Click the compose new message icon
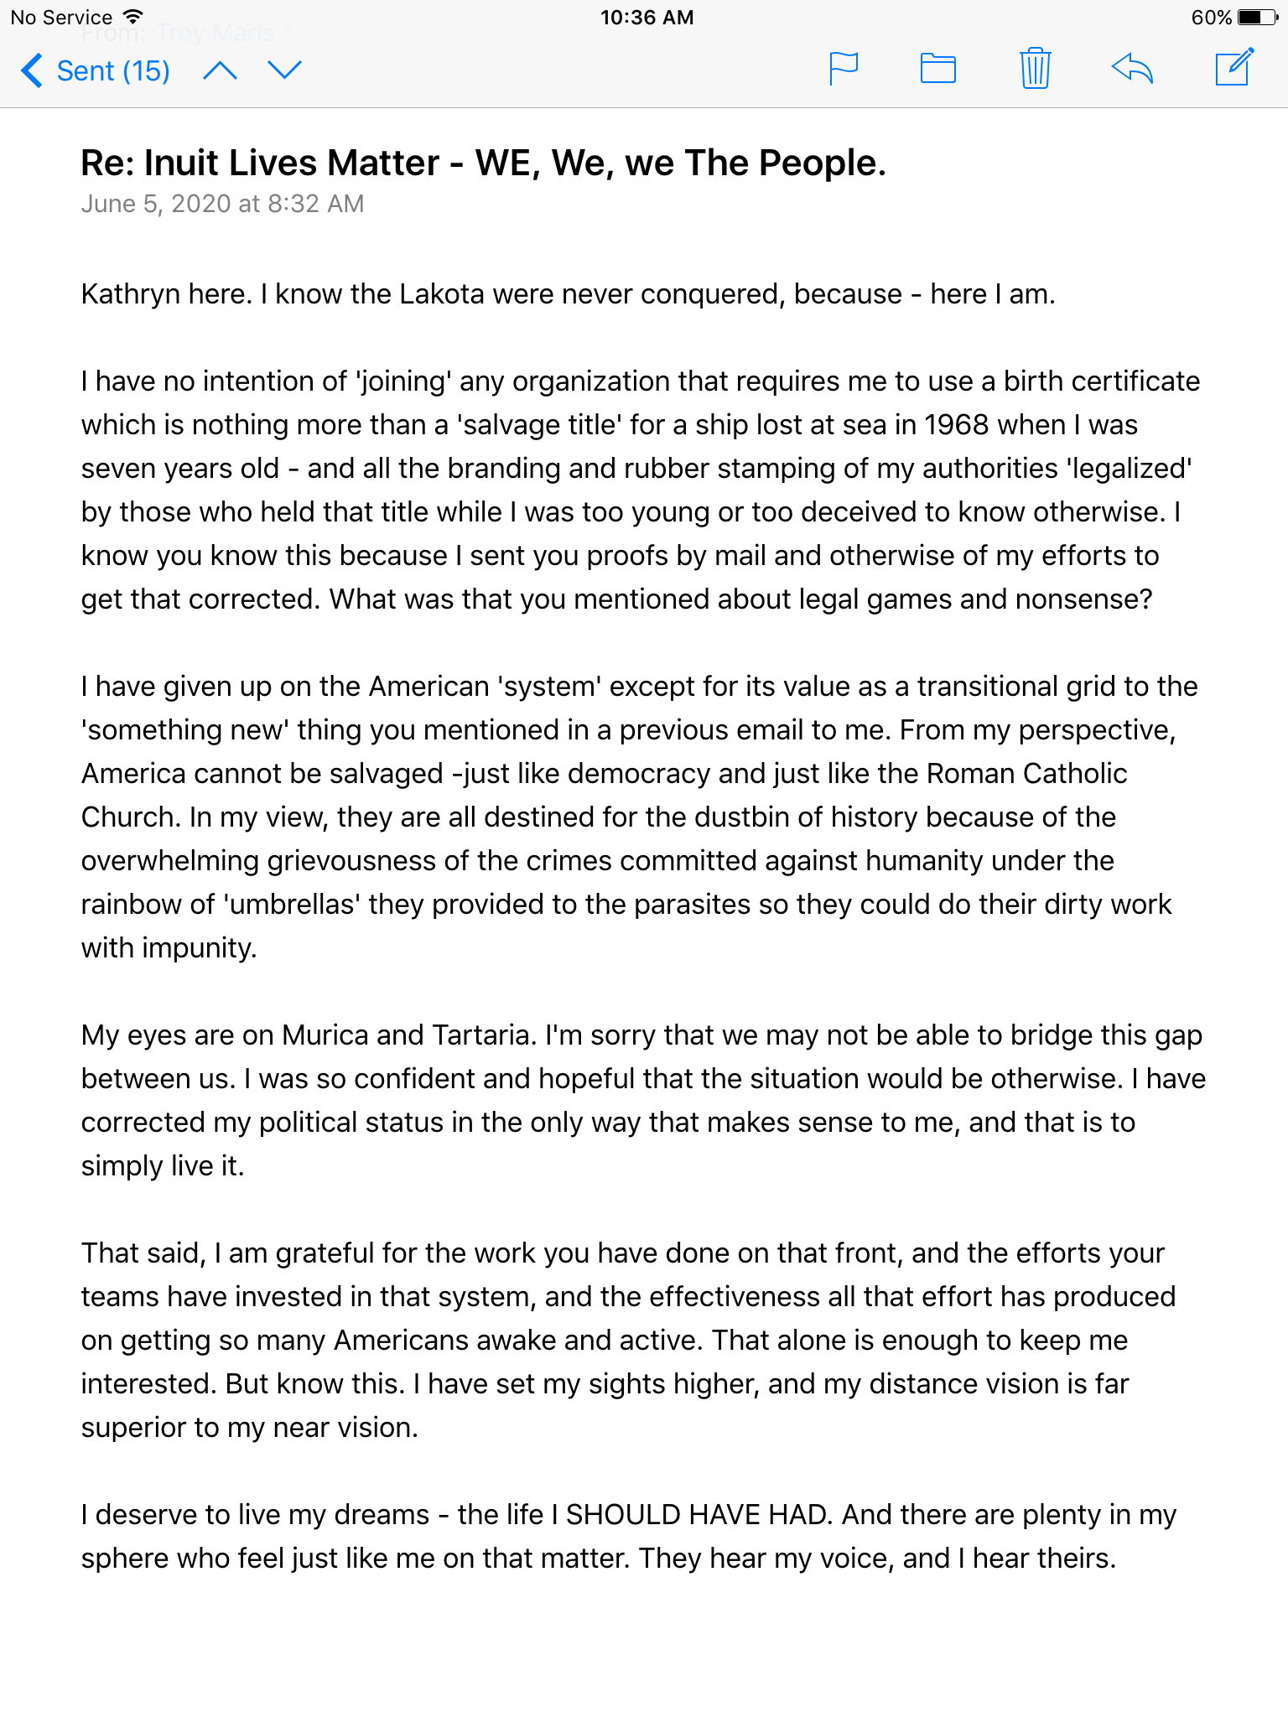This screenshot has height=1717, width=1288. [1234, 68]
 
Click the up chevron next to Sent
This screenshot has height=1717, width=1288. [220, 70]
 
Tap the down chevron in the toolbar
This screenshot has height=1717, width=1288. [284, 70]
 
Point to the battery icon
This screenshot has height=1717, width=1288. [1258, 17]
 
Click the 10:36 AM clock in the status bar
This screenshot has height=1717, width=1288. [647, 17]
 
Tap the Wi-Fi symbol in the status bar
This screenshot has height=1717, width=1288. [132, 17]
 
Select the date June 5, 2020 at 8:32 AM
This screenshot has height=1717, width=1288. [222, 204]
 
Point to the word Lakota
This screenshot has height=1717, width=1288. [441, 294]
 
